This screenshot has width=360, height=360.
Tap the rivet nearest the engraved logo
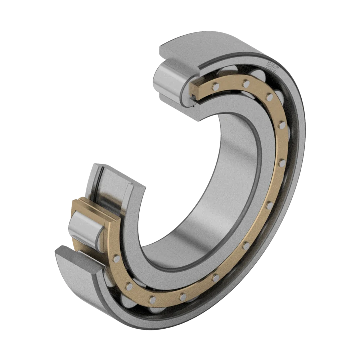[246, 84]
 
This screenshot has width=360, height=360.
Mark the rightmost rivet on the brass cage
[282, 163]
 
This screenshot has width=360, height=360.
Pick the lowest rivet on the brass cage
[152, 299]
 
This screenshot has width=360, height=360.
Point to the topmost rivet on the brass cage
[246, 84]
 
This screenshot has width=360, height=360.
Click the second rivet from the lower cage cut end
[128, 287]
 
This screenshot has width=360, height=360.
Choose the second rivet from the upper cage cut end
[246, 84]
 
